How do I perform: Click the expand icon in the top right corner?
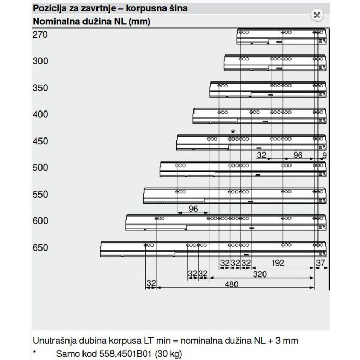[317, 15]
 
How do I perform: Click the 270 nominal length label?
[40, 35]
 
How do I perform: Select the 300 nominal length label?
[40, 61]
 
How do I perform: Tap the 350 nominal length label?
[40, 88]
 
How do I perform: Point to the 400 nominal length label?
[40, 115]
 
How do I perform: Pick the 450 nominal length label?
[40, 142]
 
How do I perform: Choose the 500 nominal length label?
[40, 168]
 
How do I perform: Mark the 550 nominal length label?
[40, 195]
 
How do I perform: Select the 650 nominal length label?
[40, 248]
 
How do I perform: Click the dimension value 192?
[278, 263]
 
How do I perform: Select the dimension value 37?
[320, 263]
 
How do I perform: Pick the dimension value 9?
[324, 155]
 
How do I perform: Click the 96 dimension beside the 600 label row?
[193, 209]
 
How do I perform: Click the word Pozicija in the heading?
[49, 9]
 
